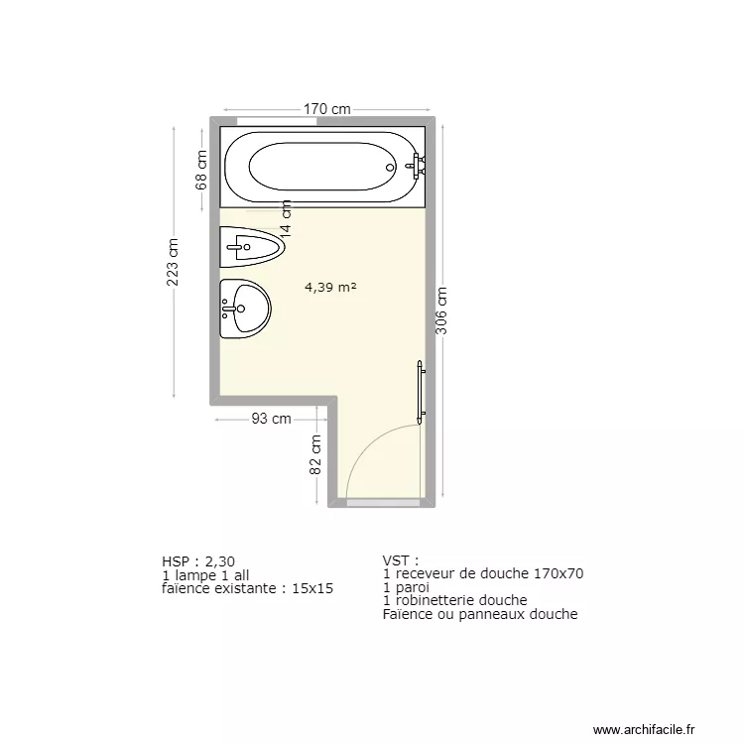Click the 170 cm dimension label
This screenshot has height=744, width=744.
click(327, 109)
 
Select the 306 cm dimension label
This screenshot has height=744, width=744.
click(442, 310)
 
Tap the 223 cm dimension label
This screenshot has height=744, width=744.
click(173, 262)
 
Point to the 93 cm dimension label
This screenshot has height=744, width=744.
click(271, 419)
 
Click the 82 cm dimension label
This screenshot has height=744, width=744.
click(316, 455)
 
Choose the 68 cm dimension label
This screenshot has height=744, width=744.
click(201, 170)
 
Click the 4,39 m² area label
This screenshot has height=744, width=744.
click(330, 288)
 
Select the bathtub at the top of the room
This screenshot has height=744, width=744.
click(323, 166)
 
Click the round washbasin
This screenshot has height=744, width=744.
click(244, 309)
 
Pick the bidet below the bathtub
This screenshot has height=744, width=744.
click(251, 247)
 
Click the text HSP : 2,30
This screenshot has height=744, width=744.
click(198, 560)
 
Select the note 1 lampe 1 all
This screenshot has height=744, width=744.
click(204, 574)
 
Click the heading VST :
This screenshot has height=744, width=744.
click(401, 560)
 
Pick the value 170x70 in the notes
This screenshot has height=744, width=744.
click(558, 573)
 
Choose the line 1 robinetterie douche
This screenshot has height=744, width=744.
click(454, 600)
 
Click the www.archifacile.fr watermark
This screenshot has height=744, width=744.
click(645, 729)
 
